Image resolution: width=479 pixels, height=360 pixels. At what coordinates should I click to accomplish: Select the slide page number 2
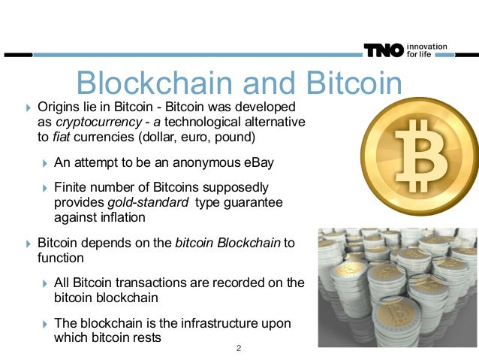[x=238, y=349]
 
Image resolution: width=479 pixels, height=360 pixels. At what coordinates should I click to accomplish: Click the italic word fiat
[x=60, y=138]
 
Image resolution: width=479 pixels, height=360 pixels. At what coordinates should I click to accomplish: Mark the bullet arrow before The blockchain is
[x=44, y=323]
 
